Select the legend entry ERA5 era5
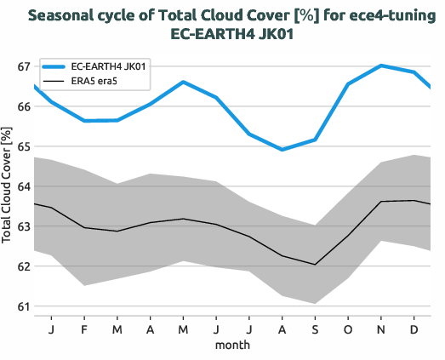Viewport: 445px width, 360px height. point(97,81)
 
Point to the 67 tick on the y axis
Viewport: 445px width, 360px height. point(23,66)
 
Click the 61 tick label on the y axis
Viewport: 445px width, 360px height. point(23,306)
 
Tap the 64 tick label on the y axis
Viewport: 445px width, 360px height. point(23,186)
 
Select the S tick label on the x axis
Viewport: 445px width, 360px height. point(315,329)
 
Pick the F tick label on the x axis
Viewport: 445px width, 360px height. point(84,329)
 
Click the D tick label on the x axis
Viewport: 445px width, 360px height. point(414,329)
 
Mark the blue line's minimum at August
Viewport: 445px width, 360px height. point(282,150)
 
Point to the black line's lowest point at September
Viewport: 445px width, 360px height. point(315,265)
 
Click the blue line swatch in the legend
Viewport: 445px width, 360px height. point(48,66)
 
